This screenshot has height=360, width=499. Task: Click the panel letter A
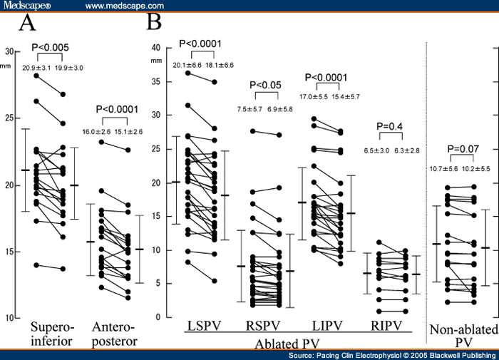pyautogui.click(x=28, y=23)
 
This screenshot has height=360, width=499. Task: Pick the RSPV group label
pyautogui.click(x=264, y=326)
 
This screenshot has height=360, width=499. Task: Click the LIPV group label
pyautogui.click(x=325, y=326)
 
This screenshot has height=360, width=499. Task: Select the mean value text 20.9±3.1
pyautogui.click(x=34, y=68)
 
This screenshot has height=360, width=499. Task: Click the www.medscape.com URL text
pyautogui.click(x=125, y=6)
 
